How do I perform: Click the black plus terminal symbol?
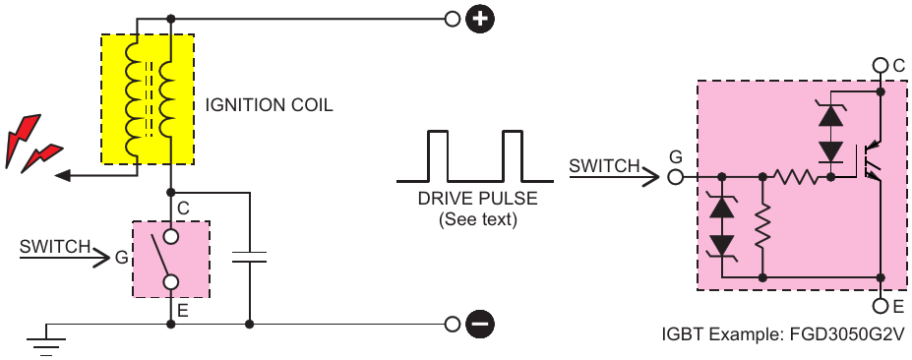click(479, 19)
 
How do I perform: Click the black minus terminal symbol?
click(479, 324)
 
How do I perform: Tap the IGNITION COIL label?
click(269, 105)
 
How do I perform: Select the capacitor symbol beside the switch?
click(249, 257)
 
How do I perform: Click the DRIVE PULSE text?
click(477, 199)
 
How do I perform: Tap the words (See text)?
click(477, 220)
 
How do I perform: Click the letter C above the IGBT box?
click(899, 66)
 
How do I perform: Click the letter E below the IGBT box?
click(898, 306)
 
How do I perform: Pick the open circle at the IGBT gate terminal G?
click(675, 176)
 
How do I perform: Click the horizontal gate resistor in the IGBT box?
click(796, 176)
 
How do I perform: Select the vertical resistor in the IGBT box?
click(761, 225)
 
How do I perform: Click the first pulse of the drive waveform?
click(438, 156)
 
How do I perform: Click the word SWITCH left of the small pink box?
click(55, 247)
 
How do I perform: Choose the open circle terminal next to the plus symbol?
click(452, 19)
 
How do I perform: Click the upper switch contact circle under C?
click(170, 236)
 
